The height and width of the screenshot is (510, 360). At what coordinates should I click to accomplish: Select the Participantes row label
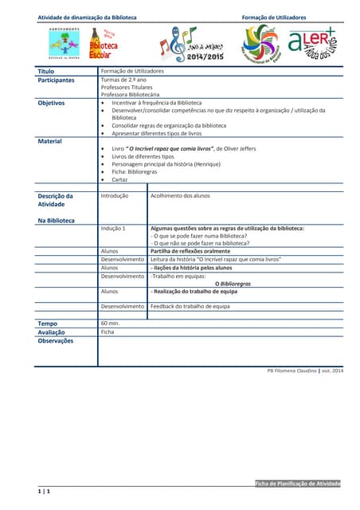(56, 80)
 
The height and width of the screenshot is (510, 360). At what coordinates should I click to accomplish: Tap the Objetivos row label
(52, 103)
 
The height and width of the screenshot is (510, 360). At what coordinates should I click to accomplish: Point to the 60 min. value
(110, 324)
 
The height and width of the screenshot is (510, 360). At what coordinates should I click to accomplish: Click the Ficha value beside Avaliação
(108, 332)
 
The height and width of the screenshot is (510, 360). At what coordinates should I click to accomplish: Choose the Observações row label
(56, 341)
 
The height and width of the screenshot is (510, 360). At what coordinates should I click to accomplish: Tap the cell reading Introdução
(115, 195)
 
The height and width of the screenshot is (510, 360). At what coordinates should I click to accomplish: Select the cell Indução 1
(113, 229)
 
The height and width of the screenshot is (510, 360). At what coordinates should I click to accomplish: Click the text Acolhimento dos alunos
(180, 195)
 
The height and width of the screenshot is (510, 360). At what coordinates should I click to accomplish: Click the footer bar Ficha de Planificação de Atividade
(298, 484)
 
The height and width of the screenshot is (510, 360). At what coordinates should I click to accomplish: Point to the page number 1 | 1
(44, 493)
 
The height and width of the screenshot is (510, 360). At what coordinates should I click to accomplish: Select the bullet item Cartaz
(119, 180)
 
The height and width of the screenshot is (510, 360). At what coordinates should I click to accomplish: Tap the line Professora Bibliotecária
(130, 94)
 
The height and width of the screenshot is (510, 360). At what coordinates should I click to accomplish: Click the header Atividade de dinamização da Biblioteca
(87, 18)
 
